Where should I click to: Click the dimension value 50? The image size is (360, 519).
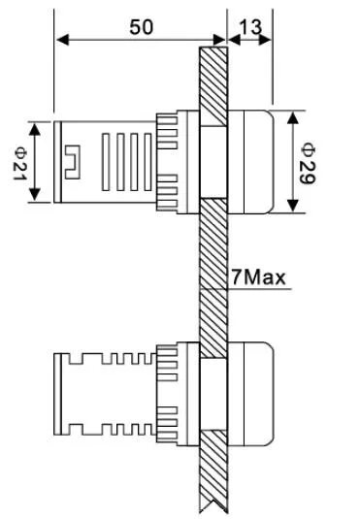pos(141,27)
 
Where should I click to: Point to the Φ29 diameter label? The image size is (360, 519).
pos(309,161)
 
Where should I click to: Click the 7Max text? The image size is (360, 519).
pos(258,277)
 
